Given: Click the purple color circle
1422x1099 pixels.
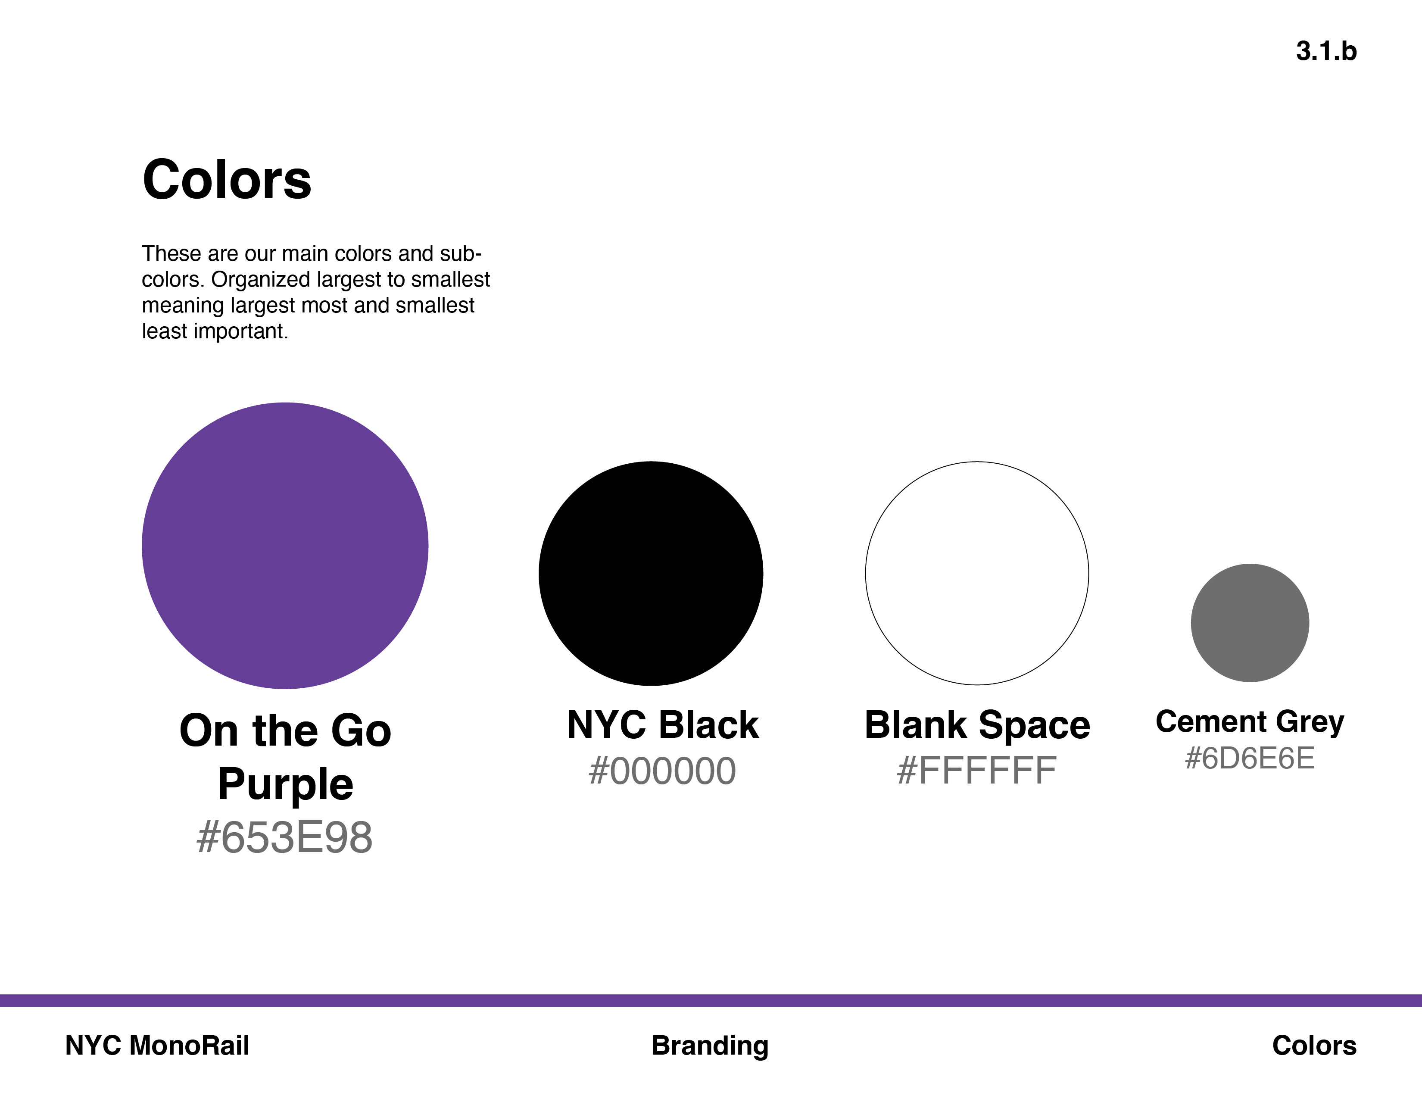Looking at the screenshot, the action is pos(285,546).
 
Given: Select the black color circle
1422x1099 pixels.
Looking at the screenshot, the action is pos(651,574).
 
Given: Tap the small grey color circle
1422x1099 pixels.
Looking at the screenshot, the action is pos(1250,623).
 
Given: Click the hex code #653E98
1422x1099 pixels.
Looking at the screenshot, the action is pos(284,837).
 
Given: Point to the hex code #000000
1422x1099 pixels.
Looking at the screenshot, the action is pos(662,771).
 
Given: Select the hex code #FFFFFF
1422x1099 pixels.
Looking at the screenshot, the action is pos(976,771).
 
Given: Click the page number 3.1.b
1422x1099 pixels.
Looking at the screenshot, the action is pos(1326,51).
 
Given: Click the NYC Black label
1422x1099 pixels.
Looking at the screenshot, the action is pos(663,724).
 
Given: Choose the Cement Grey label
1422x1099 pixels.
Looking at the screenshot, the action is pos(1250,722).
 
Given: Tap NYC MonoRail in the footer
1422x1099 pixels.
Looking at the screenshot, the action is pos(157,1045).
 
